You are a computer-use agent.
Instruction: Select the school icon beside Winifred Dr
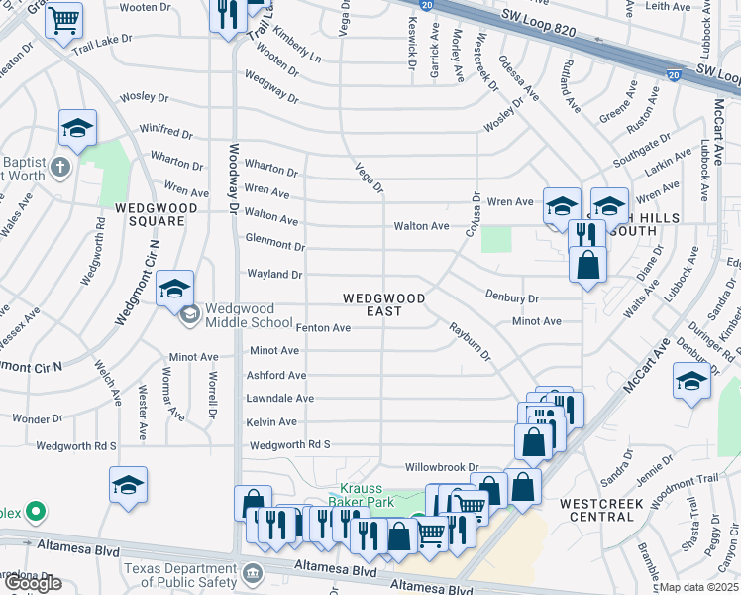[77, 129]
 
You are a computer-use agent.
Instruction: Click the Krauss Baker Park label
[368, 495]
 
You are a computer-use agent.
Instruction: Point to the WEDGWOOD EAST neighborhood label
[384, 304]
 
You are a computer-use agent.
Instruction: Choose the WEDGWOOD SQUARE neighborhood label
[150, 214]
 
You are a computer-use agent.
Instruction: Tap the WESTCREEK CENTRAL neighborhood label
[601, 510]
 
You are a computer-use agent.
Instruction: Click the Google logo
[33, 583]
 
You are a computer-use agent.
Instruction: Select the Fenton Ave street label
[323, 328]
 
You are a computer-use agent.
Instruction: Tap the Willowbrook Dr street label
[442, 466]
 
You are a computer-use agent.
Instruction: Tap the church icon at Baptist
[59, 166]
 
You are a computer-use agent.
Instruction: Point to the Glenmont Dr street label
[274, 245]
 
